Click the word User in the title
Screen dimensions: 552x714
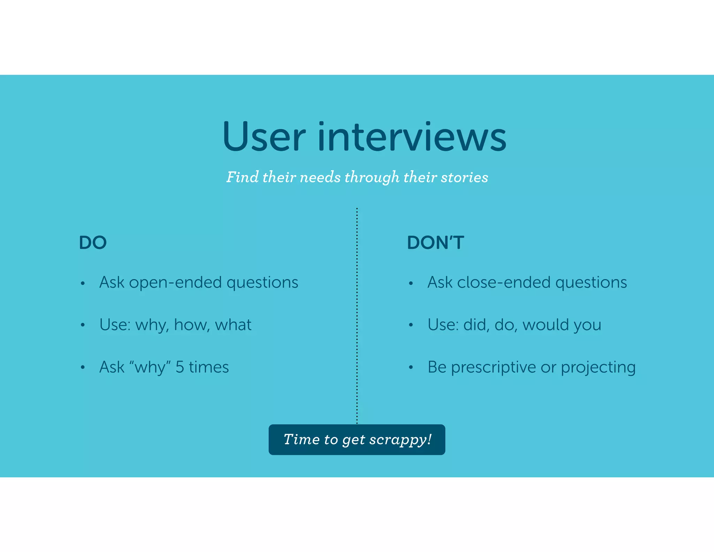[264, 137]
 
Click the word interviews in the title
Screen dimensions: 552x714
[412, 137]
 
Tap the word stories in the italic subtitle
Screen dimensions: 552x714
[464, 177]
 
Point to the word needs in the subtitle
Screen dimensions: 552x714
[320, 177]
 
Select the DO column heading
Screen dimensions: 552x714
[93, 243]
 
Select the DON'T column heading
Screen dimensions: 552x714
[435, 243]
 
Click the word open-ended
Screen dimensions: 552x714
[175, 282]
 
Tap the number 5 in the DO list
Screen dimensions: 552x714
[180, 367]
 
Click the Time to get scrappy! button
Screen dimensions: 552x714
[357, 440]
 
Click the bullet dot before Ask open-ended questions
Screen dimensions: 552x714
[83, 283]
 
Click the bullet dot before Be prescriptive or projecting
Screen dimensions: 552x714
[411, 367]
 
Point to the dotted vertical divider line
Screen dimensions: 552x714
[357, 314]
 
